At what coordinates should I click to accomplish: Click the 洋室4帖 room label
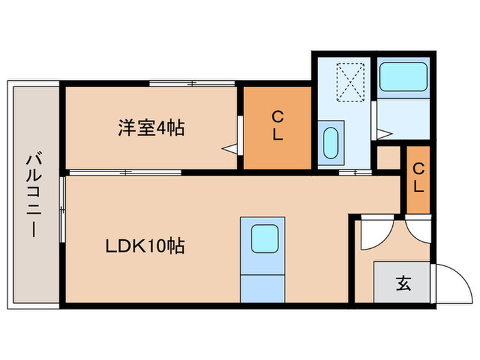tap(151, 128)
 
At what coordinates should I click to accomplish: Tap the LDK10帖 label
tap(145, 245)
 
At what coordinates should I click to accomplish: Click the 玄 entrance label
tap(403, 283)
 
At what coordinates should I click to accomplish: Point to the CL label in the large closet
tap(277, 127)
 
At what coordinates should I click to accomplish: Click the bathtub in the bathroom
tap(404, 77)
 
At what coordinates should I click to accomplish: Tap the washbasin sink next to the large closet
tap(330, 142)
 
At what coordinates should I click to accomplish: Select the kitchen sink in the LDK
tap(262, 239)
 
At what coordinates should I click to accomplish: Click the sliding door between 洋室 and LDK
tap(124, 172)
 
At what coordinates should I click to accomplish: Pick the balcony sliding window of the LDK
tap(62, 209)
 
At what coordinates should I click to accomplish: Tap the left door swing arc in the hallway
tap(374, 233)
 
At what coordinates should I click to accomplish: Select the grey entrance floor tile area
tap(402, 282)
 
